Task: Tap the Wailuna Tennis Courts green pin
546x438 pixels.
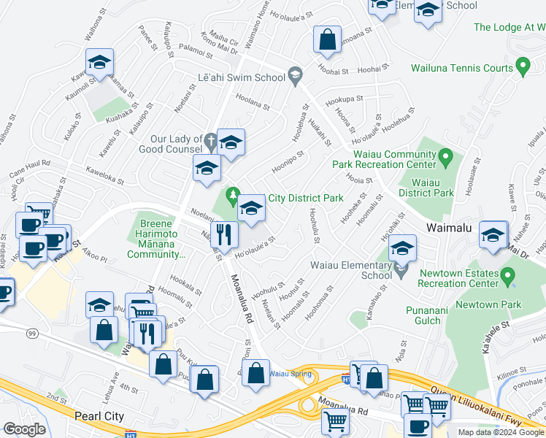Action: pyautogui.click(x=522, y=67)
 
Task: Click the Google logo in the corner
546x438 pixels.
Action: pyautogui.click(x=24, y=429)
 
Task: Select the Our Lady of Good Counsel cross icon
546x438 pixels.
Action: pyautogui.click(x=210, y=139)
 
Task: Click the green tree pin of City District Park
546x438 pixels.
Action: pyautogui.click(x=234, y=195)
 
